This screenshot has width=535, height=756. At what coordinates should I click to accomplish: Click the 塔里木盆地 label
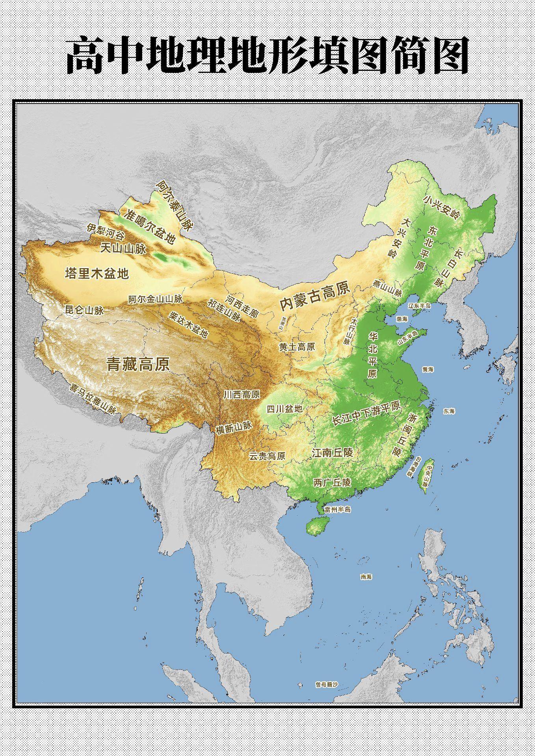click(x=97, y=273)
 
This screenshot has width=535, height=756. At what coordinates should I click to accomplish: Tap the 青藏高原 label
click(x=138, y=364)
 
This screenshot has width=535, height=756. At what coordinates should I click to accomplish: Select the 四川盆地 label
click(x=284, y=409)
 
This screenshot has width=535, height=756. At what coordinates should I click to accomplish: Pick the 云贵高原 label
click(x=267, y=456)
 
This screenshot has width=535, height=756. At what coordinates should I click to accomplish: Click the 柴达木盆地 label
click(x=188, y=325)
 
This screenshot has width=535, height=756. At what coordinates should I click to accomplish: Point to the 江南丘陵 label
click(x=332, y=452)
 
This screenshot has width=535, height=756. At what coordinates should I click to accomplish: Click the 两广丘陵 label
click(x=332, y=482)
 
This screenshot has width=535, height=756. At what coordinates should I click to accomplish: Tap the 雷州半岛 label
click(x=338, y=510)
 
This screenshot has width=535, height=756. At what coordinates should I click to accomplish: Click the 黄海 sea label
click(x=428, y=369)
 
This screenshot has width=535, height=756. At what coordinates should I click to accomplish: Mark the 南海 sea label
click(x=366, y=577)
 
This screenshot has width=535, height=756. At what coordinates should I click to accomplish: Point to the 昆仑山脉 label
click(x=84, y=311)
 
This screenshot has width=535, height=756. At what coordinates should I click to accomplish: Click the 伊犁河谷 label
click(x=105, y=232)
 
